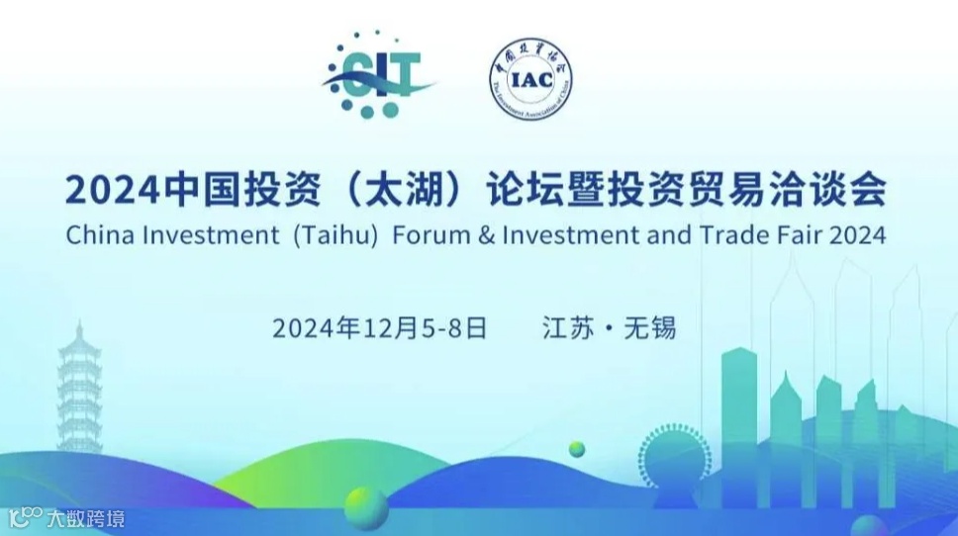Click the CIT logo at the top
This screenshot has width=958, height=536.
(379, 75)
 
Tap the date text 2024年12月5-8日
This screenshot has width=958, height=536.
(380, 328)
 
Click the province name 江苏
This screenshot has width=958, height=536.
(566, 328)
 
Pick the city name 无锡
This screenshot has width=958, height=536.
(650, 328)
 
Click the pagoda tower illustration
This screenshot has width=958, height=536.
(79, 391)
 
